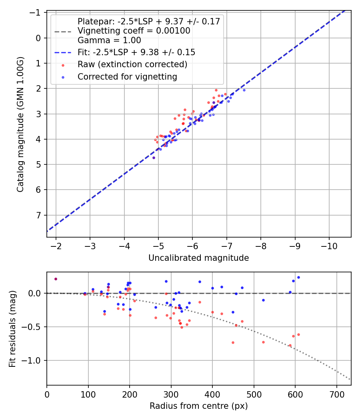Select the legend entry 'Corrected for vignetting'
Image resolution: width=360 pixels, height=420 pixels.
pyautogui.click(x=127, y=76)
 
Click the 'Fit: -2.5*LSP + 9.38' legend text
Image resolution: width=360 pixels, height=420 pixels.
pyautogui.click(x=136, y=52)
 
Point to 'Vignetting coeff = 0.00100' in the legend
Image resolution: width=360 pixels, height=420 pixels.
pyautogui.click(x=134, y=31)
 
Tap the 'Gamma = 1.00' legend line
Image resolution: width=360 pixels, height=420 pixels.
pyautogui.click(x=109, y=40)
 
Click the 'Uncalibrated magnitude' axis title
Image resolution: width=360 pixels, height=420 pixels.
pyautogui.click(x=198, y=258)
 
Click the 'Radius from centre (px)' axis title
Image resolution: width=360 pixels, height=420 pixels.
pyautogui.click(x=198, y=406)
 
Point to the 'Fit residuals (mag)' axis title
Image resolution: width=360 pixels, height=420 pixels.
pyautogui.click(x=12, y=329)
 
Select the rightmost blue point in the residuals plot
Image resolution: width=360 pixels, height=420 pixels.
pyautogui.click(x=298, y=277)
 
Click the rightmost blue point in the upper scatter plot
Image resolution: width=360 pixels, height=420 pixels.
pyautogui.click(x=244, y=90)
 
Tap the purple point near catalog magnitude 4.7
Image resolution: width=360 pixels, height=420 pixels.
pyautogui.click(x=154, y=158)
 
